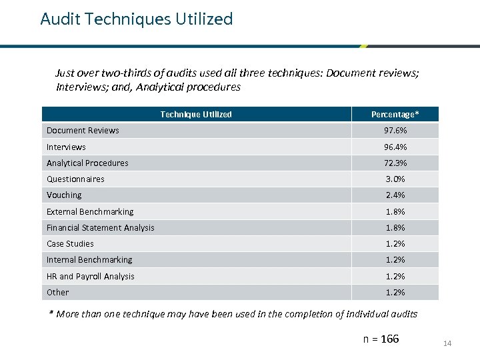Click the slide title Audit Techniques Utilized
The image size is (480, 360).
[137, 19]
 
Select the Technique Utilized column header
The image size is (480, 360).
[196, 114]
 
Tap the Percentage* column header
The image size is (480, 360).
[395, 114]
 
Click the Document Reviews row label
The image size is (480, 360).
[83, 131]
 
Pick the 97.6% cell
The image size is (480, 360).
[395, 131]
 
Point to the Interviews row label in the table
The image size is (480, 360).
[66, 147]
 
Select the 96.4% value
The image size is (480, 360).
[395, 147]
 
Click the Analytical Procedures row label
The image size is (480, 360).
[87, 163]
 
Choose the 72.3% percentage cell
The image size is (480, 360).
[395, 163]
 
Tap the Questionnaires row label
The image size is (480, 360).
[75, 179]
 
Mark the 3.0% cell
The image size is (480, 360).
[395, 179]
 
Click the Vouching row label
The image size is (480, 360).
[64, 195]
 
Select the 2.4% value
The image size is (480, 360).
[395, 195]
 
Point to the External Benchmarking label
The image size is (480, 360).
[90, 211]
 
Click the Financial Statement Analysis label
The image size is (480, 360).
[100, 227]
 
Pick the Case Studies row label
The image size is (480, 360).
[70, 243]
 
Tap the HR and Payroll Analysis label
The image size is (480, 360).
[90, 276]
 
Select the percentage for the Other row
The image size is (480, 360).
[395, 292]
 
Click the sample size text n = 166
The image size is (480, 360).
[381, 339]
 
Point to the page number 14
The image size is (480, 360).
[447, 343]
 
